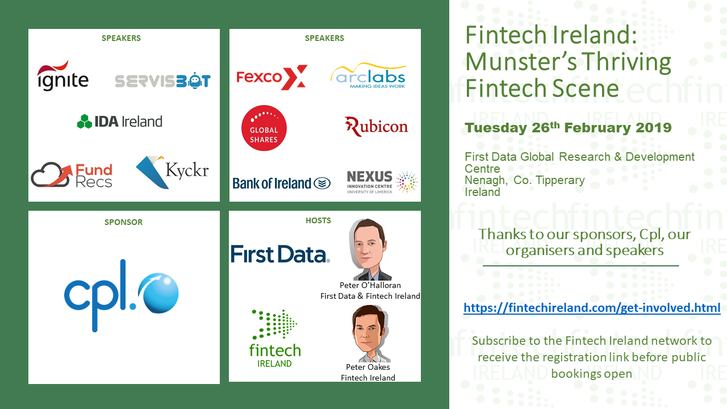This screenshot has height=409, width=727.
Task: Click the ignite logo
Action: click(62, 76)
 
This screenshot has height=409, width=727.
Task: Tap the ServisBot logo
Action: click(162, 81)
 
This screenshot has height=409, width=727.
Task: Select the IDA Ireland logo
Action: click(120, 122)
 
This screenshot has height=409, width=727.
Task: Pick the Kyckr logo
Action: click(172, 172)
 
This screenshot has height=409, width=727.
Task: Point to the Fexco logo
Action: click(271, 77)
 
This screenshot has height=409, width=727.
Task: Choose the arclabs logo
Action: click(368, 76)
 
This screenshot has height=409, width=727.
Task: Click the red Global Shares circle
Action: click(264, 128)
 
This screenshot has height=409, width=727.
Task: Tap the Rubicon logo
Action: click(376, 126)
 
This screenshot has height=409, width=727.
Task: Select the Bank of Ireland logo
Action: click(281, 183)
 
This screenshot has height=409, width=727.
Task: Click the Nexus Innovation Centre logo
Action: click(382, 182)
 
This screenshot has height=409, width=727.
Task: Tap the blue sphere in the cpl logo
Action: click(158, 293)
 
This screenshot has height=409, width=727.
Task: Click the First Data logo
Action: click(280, 254)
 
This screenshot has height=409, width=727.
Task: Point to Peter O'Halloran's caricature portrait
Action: click(369, 249)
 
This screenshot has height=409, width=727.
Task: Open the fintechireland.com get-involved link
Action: click(592, 307)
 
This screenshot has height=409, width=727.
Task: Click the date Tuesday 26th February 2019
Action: click(568, 127)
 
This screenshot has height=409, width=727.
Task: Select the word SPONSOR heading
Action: click(123, 222)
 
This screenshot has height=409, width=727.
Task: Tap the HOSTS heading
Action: click(319, 220)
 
